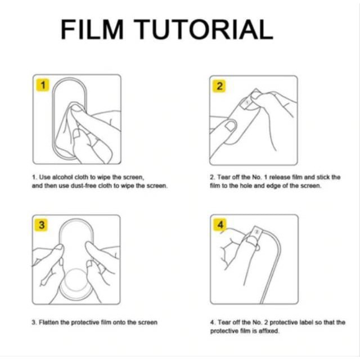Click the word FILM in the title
point(92,29)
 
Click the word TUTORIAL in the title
point(204,29)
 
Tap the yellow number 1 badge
point(43,85)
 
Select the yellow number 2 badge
point(219,86)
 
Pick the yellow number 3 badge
point(41,225)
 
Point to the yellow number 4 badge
point(220,224)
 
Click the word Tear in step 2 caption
point(224,177)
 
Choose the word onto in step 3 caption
point(119,322)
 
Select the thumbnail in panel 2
point(231,125)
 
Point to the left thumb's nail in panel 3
point(59,247)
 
